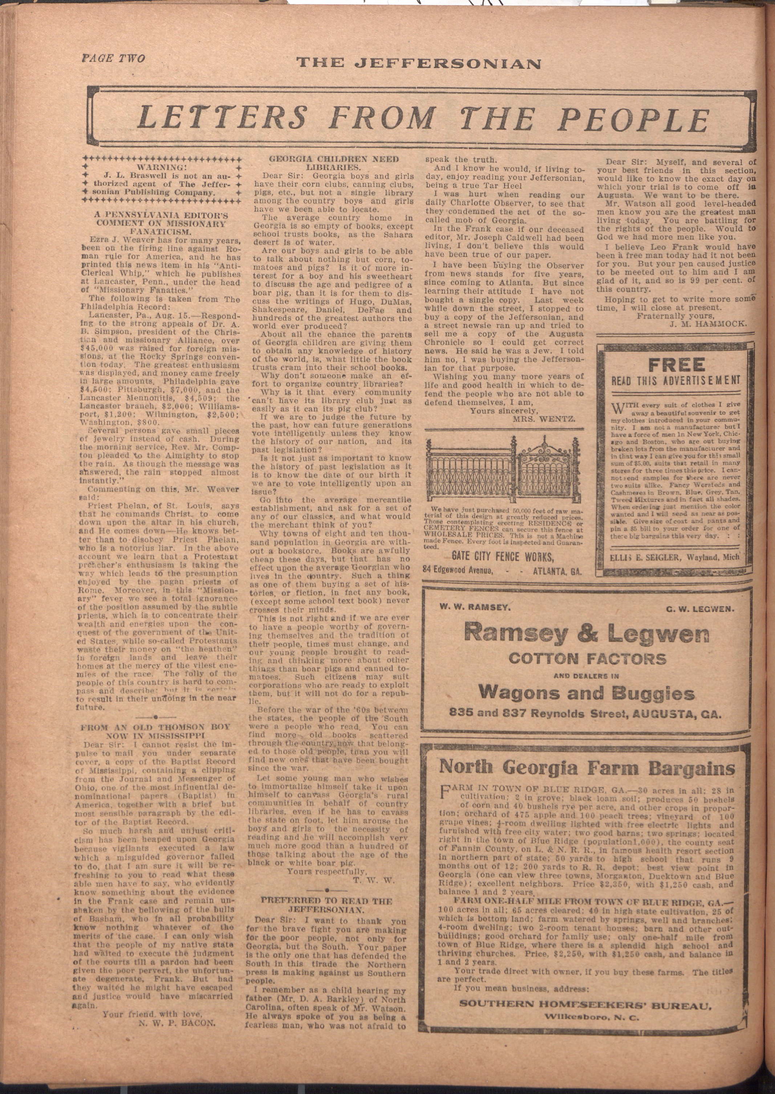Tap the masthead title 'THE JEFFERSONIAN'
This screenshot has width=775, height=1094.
(418, 63)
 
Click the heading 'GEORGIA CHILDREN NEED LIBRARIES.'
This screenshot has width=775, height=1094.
(334, 163)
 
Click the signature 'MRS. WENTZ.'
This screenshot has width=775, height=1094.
(544, 419)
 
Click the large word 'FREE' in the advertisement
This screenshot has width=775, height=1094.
(677, 365)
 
